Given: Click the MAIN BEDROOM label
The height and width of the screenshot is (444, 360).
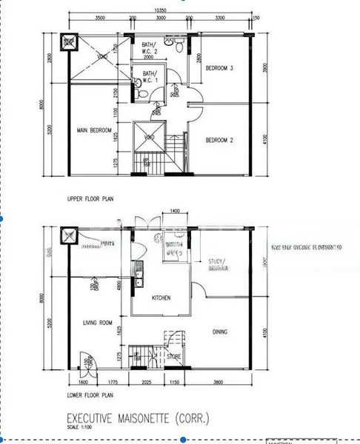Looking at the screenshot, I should (x=93, y=131).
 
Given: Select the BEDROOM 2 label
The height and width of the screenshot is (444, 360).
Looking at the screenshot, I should (x=220, y=140).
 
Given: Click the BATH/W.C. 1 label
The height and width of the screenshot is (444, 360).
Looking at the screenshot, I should (x=151, y=77).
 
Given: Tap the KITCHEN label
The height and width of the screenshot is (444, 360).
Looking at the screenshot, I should (x=161, y=297).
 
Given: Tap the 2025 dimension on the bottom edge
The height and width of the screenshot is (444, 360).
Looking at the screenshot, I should (x=146, y=383).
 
